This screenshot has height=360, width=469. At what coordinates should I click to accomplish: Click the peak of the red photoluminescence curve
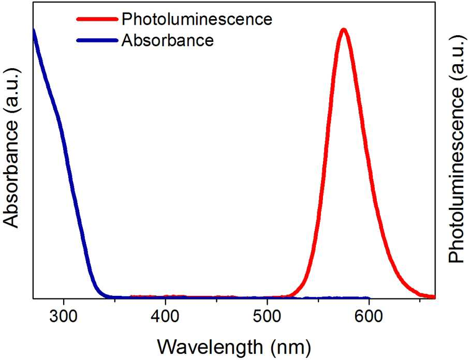click(x=344, y=29)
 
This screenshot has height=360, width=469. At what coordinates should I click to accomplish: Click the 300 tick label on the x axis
click(x=64, y=317)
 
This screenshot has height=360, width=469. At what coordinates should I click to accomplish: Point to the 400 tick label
click(x=166, y=317)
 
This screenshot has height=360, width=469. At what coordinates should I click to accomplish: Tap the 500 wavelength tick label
click(x=267, y=317)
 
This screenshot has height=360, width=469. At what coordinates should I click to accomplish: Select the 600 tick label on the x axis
click(x=369, y=317)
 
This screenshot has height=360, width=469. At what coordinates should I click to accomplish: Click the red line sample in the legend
click(x=97, y=19)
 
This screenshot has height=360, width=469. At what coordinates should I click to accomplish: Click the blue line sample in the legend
click(x=97, y=40)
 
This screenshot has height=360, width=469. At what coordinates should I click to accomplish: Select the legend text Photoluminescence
click(x=197, y=20)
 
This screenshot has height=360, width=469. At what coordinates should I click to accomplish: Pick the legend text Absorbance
click(x=168, y=40)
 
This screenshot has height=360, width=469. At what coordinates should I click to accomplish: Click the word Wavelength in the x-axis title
click(x=210, y=347)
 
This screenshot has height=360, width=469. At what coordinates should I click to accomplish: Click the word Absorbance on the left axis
click(x=11, y=174)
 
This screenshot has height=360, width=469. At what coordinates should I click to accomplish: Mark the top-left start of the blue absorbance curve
click(x=34, y=30)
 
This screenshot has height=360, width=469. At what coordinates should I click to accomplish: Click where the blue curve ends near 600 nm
click(x=369, y=297)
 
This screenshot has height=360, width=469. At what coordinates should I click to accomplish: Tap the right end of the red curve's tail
click(x=434, y=297)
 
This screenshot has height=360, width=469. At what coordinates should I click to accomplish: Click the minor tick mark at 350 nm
click(x=114, y=300)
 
